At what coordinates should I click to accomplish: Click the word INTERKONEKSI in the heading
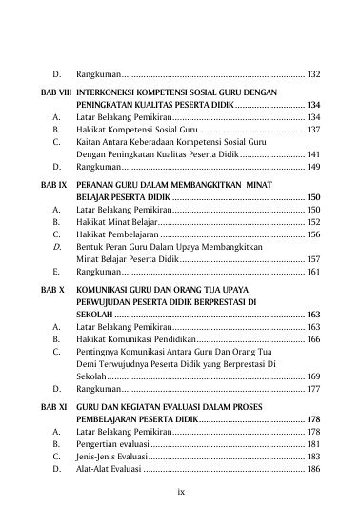pyautogui.click(x=110, y=93)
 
